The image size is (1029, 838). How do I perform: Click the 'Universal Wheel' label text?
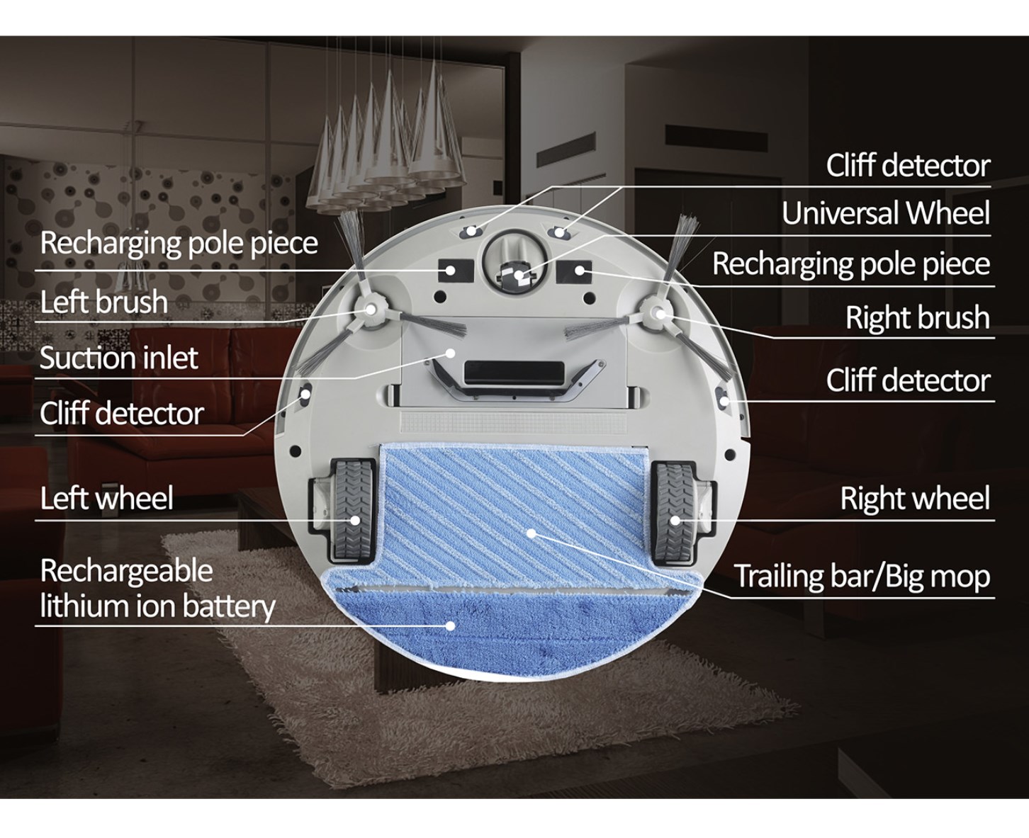[x=886, y=213]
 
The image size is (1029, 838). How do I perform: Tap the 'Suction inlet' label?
[x=119, y=358]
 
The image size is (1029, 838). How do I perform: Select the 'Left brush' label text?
[x=104, y=302]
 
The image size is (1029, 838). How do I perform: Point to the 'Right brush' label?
[x=918, y=317]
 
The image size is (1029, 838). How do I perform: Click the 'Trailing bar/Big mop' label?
[x=862, y=577]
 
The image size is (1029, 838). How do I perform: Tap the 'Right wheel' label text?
[x=915, y=498]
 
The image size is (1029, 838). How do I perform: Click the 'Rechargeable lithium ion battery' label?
[x=157, y=589]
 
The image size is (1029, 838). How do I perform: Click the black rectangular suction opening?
[x=514, y=372]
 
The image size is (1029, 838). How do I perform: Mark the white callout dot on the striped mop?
[x=531, y=533]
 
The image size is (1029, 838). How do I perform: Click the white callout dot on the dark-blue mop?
[x=451, y=625]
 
